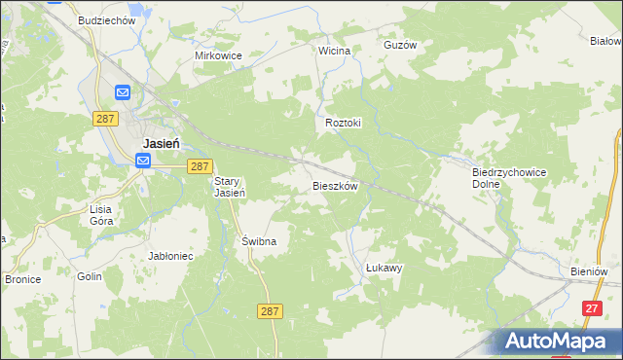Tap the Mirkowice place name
pyautogui.click(x=218, y=55)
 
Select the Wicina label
pyautogui.click(x=334, y=49)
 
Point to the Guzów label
pyautogui.click(x=399, y=45)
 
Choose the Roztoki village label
pyautogui.click(x=343, y=124)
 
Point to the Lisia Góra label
pyautogui.click(x=102, y=215)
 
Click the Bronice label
pyautogui.click(x=22, y=278)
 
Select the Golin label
pyautogui.click(x=91, y=276)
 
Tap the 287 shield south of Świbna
pyautogui.click(x=272, y=310)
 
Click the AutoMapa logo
pyautogui.click(x=559, y=341)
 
